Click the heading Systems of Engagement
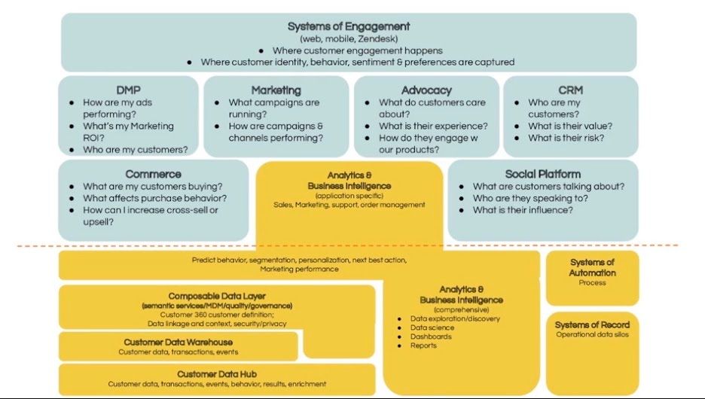click(x=349, y=26)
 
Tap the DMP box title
click(x=128, y=90)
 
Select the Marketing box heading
click(x=276, y=90)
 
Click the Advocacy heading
click(x=426, y=90)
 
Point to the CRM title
click(x=570, y=90)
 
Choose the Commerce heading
click(x=153, y=174)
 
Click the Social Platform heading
click(x=542, y=174)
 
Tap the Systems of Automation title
click(x=592, y=267)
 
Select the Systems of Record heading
click(x=592, y=324)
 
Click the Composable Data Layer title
click(x=217, y=296)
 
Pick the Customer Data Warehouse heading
click(x=178, y=343)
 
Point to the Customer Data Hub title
click(x=217, y=374)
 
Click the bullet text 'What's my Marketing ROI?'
click(x=128, y=132)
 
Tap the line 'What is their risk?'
click(x=566, y=138)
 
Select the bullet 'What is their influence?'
click(x=523, y=210)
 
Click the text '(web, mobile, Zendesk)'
click(x=349, y=38)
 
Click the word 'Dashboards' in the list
click(x=431, y=337)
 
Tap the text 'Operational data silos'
click(x=592, y=334)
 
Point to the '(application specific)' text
click(x=349, y=195)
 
